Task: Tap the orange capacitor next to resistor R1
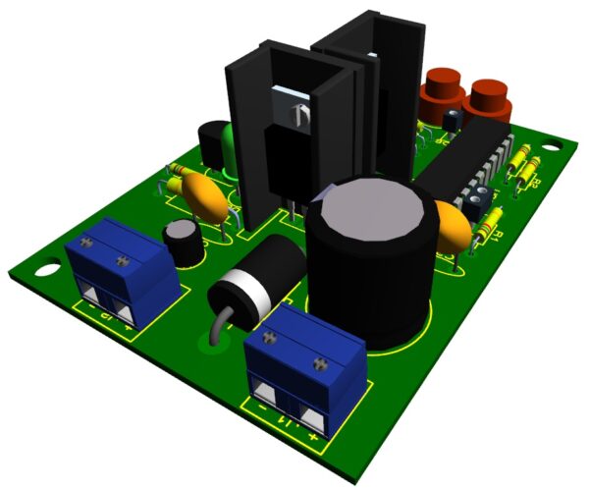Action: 455,229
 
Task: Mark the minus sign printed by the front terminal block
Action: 263,403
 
